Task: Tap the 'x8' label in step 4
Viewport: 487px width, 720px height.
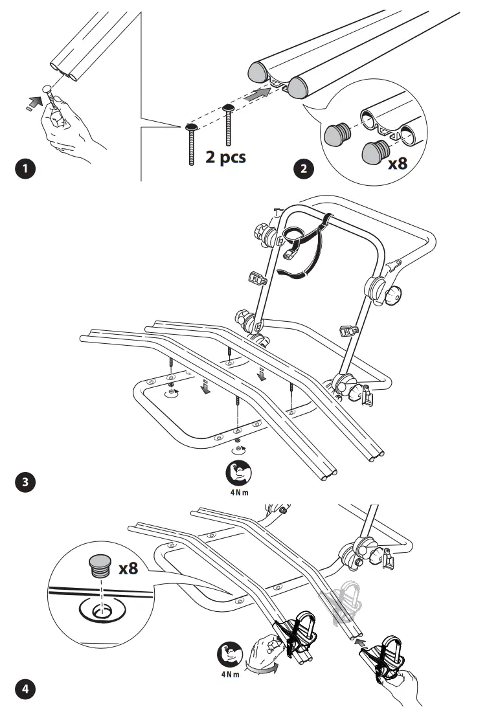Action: (128, 568)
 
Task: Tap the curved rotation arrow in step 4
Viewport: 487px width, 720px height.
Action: (262, 668)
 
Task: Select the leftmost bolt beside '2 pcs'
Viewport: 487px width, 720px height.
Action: (192, 145)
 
